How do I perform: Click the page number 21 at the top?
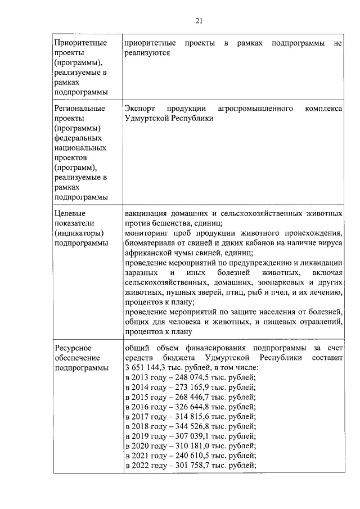point(199,21)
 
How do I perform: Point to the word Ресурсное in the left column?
point(73,348)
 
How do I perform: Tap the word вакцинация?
point(148,214)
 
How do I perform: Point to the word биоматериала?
point(151,244)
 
